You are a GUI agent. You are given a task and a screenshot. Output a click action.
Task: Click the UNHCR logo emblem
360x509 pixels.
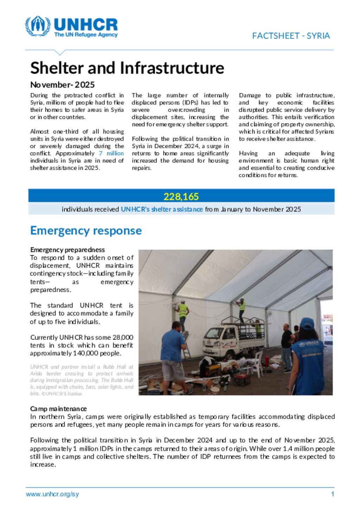click(38, 26)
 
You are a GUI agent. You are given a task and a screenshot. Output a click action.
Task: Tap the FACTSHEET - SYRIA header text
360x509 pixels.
click(291, 36)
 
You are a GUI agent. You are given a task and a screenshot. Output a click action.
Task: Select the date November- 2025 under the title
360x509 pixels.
click(62, 85)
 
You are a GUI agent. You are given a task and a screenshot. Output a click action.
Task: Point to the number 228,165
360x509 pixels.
click(181, 196)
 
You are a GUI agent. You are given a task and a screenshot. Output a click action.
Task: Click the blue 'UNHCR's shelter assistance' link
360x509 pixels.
click(162, 209)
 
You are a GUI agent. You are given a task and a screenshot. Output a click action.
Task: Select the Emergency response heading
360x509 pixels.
click(86, 231)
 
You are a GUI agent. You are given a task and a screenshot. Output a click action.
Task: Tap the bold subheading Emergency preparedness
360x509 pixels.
click(67, 250)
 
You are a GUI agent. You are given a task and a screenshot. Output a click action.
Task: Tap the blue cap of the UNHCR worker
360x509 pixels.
click(307, 323)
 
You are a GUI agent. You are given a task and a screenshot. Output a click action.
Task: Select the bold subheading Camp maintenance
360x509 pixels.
click(58, 409)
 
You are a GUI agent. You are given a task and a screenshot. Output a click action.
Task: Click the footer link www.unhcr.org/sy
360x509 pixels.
click(52, 494)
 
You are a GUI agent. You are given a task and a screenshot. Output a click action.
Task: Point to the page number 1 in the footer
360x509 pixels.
click(332, 494)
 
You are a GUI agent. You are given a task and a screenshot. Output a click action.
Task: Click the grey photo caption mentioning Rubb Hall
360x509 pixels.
click(82, 380)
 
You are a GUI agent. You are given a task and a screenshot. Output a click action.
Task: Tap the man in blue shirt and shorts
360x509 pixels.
click(174, 355)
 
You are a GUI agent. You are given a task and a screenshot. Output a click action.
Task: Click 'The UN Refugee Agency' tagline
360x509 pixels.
click(86, 35)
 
